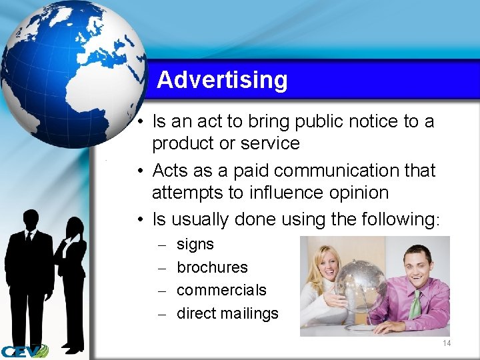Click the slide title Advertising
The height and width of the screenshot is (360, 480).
[x=222, y=80]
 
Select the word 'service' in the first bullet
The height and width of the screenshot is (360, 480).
[x=273, y=143]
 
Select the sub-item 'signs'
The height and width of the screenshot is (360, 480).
[x=195, y=245]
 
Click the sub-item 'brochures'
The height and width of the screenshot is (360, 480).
[x=212, y=267]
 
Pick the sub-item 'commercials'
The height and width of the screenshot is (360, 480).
[x=221, y=290]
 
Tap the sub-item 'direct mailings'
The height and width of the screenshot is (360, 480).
[x=227, y=313]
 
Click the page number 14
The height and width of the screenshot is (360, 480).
[x=446, y=343]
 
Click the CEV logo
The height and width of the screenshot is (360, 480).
[x=24, y=351]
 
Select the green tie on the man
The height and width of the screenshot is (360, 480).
[x=416, y=305]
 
